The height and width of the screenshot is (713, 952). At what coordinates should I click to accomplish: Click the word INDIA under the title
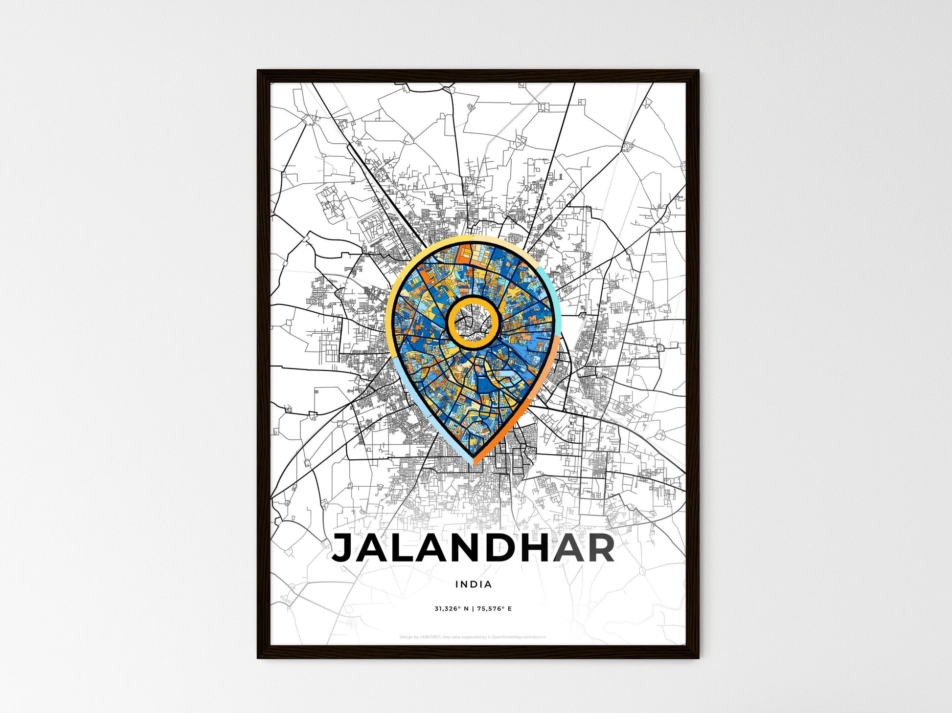474,584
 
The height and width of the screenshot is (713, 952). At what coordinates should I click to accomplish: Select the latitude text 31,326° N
451,608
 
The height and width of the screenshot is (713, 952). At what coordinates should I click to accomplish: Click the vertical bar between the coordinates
473,608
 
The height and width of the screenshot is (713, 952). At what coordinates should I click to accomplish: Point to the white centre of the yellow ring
473,323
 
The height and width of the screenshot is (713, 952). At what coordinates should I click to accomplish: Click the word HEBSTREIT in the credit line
430,637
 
